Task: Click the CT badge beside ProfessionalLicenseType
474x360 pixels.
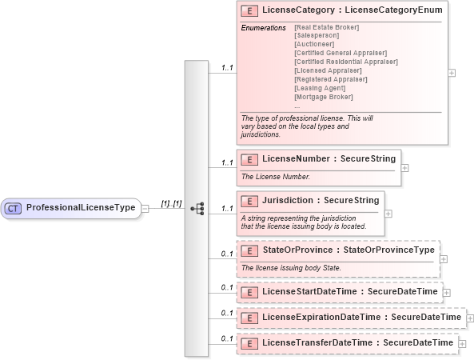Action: click(x=14, y=208)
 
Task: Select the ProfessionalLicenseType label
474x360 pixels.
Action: click(x=81, y=208)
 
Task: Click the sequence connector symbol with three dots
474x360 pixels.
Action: click(x=197, y=208)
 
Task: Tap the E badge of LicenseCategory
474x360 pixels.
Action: click(x=249, y=11)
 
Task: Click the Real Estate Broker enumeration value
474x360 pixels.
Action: click(x=326, y=28)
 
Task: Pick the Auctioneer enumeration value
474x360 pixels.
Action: click(x=315, y=45)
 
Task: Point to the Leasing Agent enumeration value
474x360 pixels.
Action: click(x=320, y=88)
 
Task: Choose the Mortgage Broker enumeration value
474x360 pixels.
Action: click(x=323, y=97)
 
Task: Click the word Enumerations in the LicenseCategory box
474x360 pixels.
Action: click(x=263, y=28)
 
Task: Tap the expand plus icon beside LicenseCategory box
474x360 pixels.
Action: click(x=452, y=73)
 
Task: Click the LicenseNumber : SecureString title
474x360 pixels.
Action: click(x=329, y=158)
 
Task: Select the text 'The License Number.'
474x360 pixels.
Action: click(x=276, y=176)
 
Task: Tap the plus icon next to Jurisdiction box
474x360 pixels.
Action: click(x=388, y=214)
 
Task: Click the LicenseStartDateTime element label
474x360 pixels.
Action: click(x=349, y=291)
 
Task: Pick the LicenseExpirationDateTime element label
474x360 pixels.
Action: click(x=361, y=318)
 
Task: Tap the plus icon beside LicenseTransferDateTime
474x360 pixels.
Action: click(x=462, y=344)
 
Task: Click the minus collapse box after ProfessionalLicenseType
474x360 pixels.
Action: click(x=145, y=209)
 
